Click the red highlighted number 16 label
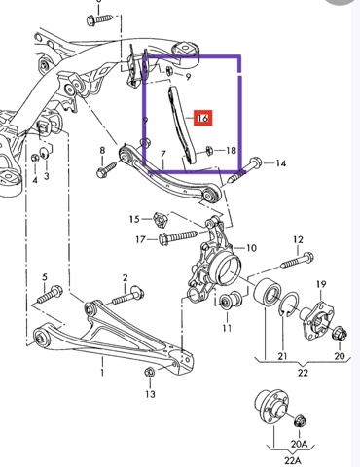202,118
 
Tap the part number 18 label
231,151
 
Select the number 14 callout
280,163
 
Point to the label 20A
299,444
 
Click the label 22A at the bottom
292,461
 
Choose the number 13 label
150,394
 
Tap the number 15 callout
134,219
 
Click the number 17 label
141,240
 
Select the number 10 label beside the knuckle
251,248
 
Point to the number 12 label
298,240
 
